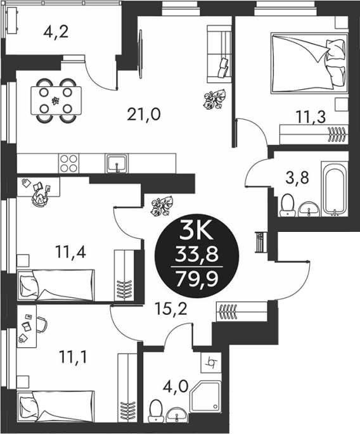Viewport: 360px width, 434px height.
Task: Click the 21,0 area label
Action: [x=144, y=115]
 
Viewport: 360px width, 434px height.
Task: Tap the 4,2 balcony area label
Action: [x=56, y=32]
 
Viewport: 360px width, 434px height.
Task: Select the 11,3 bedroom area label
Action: [x=311, y=117]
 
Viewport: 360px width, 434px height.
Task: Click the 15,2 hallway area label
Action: [x=171, y=309]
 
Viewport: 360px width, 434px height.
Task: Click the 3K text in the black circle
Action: [x=196, y=234]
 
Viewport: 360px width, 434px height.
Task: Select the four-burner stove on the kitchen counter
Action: [x=68, y=163]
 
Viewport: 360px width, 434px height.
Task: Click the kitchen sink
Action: [x=117, y=163]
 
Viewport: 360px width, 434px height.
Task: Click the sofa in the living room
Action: [x=219, y=54]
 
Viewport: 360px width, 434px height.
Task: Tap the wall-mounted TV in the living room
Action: [x=141, y=54]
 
